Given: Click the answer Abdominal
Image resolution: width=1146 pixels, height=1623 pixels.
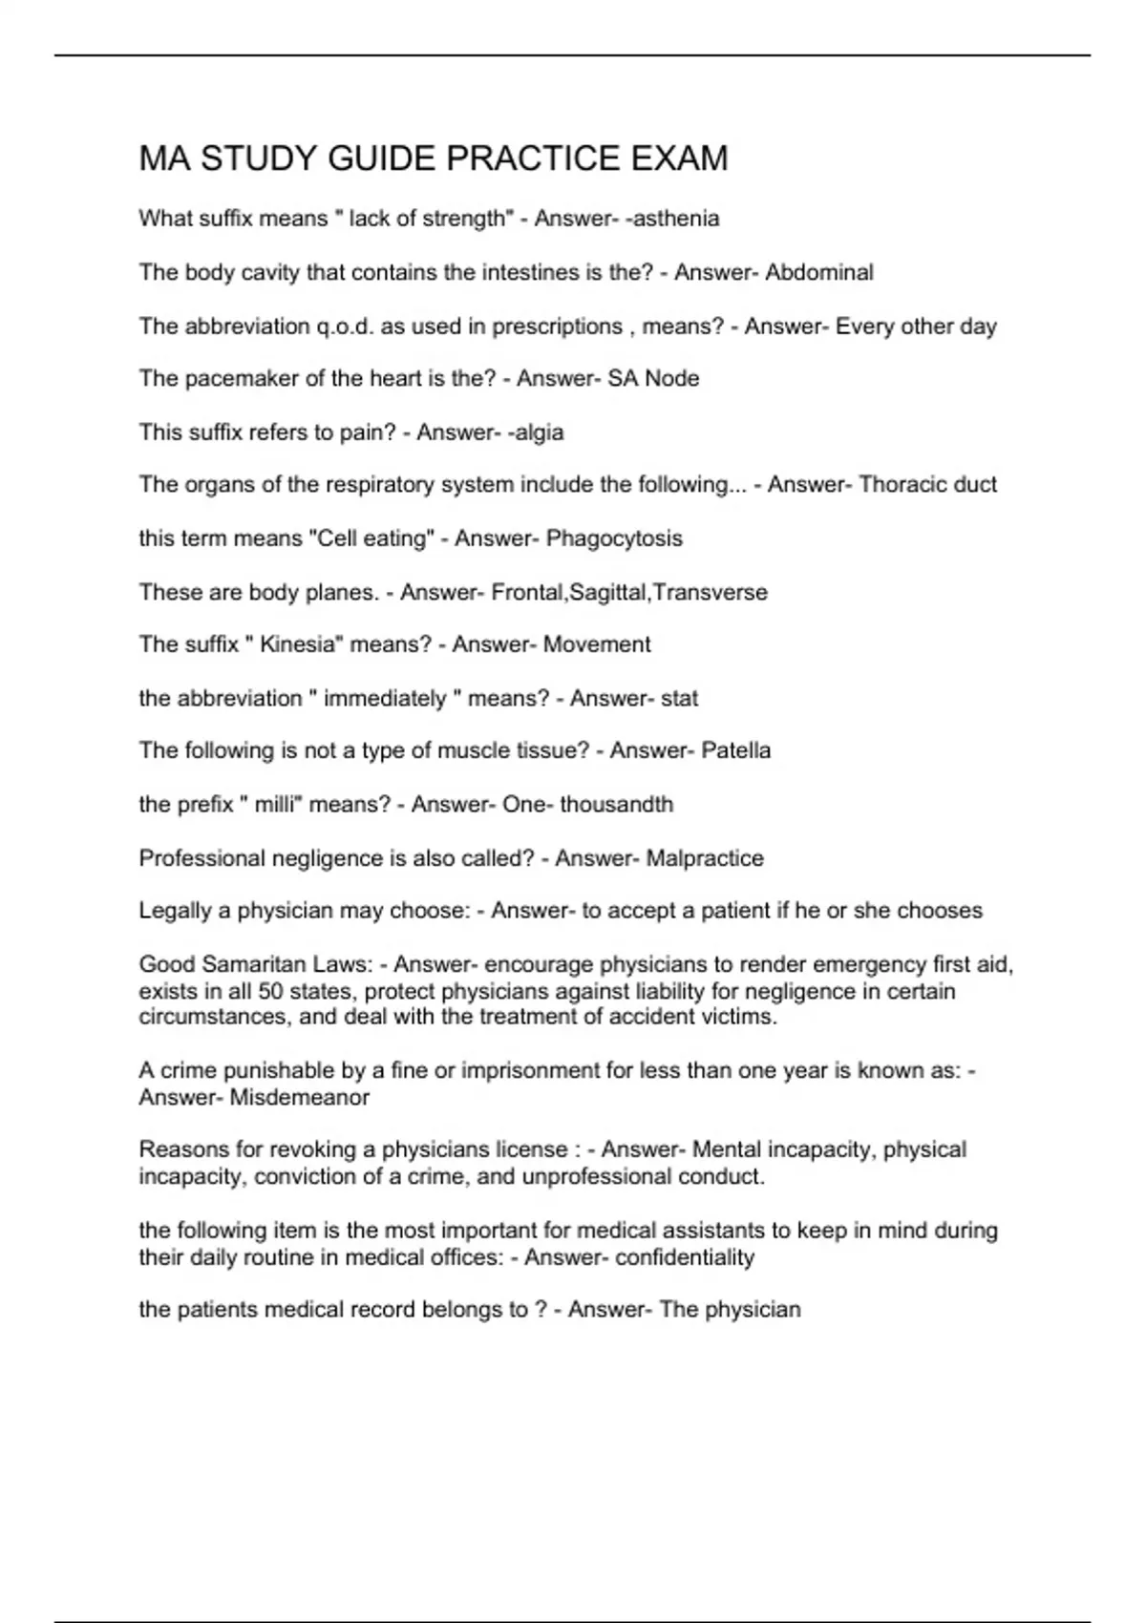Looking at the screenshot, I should click(x=819, y=272).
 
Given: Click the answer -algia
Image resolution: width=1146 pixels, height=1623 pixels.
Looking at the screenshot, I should click(x=536, y=432).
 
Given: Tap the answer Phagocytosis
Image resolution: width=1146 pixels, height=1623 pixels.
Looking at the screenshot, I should click(x=614, y=538).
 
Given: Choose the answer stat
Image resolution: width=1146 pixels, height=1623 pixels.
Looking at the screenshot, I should click(x=679, y=699).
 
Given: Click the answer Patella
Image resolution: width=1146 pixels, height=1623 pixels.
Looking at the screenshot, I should click(x=735, y=750).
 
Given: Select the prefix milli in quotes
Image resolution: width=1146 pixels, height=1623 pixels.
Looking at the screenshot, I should click(x=276, y=805).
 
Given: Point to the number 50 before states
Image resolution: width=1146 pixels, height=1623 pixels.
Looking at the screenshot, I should click(x=271, y=991).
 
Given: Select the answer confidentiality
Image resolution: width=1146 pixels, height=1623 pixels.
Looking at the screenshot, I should click(x=685, y=1257).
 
